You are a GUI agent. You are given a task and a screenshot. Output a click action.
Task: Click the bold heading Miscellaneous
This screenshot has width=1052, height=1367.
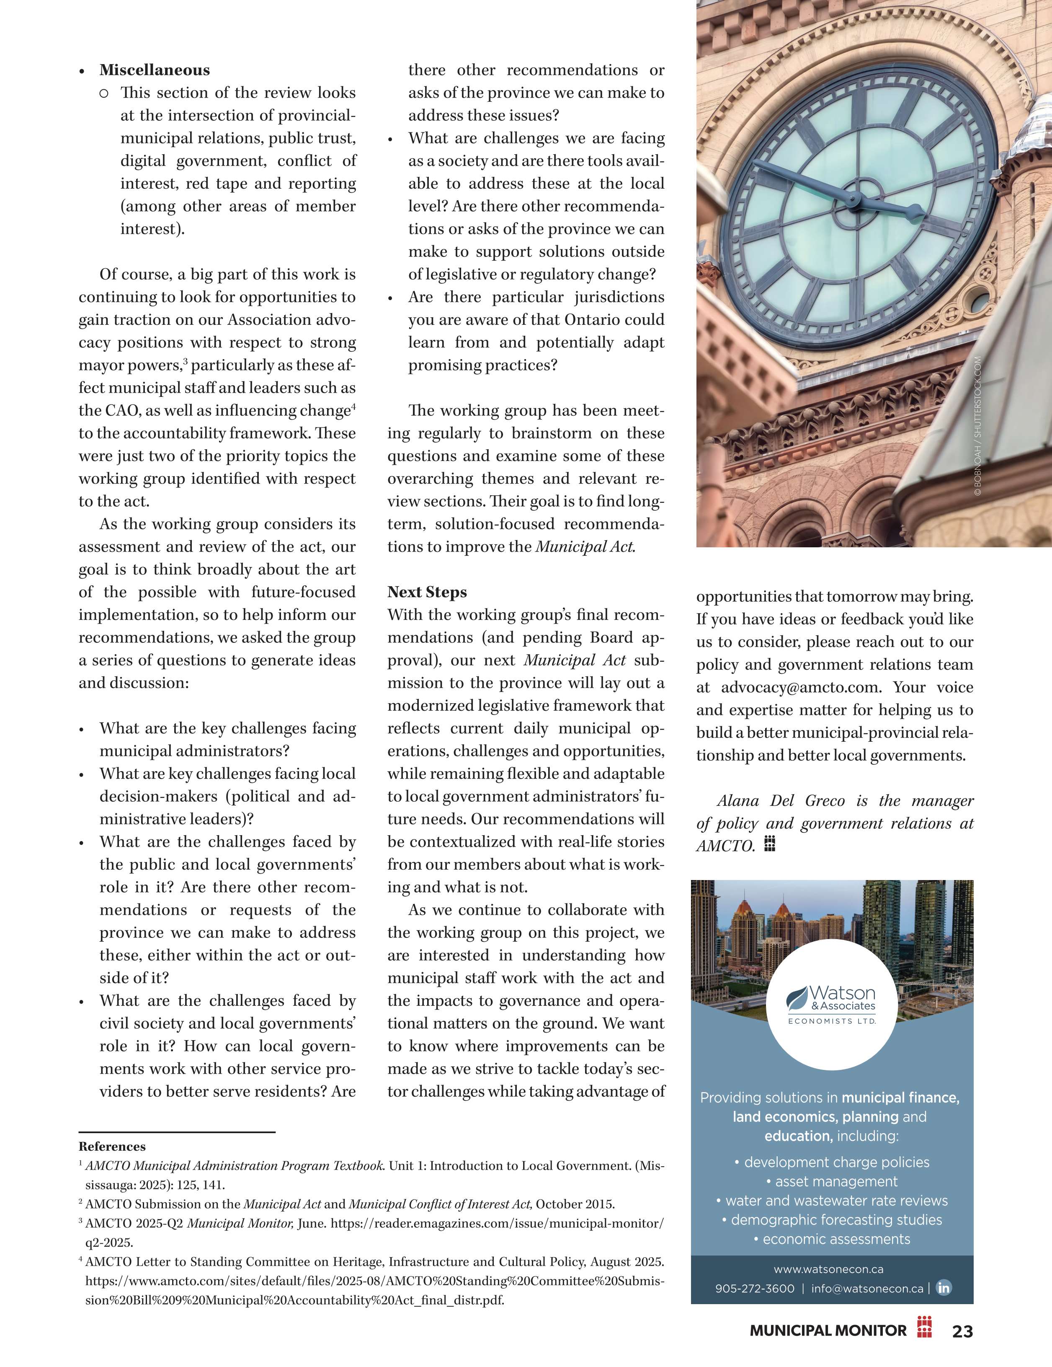point(155,70)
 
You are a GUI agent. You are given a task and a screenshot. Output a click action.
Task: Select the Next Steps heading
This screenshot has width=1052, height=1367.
point(427,592)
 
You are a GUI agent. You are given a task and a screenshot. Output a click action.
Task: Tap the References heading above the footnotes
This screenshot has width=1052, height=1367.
point(112,1147)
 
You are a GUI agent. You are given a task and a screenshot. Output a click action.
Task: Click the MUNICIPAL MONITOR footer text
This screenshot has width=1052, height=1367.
point(828,1331)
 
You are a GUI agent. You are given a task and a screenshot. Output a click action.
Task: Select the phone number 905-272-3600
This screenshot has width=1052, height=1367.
point(755,1289)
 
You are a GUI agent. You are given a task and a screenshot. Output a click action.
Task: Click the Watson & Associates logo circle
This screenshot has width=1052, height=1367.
point(831,1004)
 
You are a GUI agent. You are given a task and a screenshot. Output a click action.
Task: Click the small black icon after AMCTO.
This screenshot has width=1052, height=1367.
point(770,844)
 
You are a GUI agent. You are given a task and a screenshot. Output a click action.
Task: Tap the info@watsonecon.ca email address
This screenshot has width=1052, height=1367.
point(867,1289)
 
